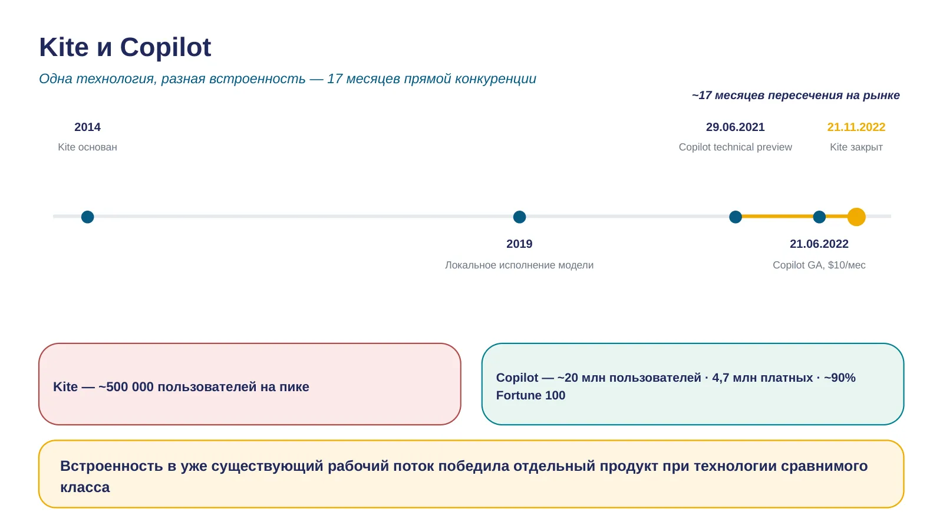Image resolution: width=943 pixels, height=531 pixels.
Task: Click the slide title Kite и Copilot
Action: click(125, 47)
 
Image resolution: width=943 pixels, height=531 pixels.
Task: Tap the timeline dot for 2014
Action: click(88, 217)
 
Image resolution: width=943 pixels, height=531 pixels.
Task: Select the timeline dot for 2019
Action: click(519, 217)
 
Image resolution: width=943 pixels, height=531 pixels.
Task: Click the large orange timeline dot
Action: click(856, 217)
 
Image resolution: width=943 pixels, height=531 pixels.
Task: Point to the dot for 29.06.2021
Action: click(736, 217)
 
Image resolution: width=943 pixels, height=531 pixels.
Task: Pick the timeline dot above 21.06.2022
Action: click(819, 217)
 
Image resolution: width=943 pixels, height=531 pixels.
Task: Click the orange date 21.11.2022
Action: click(856, 127)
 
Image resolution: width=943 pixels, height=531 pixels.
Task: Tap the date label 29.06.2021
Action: click(736, 127)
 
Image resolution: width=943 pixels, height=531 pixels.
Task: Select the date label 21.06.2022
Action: click(819, 244)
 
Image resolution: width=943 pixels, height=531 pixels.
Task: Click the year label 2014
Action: click(88, 127)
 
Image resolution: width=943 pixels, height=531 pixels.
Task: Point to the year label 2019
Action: click(519, 244)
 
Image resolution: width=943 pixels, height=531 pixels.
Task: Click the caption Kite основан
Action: click(88, 147)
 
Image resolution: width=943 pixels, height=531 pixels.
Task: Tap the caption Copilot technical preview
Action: click(736, 147)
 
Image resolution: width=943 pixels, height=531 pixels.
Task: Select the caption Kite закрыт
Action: click(856, 147)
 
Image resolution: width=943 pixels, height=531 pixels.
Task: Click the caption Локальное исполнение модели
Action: click(519, 265)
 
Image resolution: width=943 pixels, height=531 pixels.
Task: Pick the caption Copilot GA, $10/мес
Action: click(819, 265)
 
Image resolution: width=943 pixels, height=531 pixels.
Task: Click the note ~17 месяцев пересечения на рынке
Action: click(796, 95)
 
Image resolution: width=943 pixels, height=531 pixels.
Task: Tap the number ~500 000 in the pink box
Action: click(126, 386)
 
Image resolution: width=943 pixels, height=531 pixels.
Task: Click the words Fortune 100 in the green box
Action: click(530, 395)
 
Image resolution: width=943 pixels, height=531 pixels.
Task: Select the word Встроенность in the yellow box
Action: click(111, 466)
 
